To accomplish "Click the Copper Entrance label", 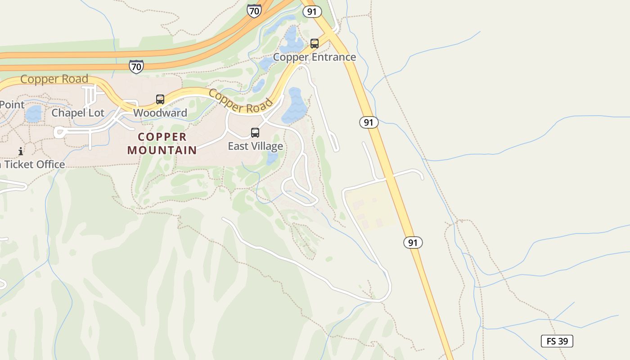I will click(314, 57).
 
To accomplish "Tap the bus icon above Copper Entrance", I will click(315, 44).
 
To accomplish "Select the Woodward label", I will click(160, 112).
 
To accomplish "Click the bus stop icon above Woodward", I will click(160, 99).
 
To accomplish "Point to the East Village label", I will click(255, 146).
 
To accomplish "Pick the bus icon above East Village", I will click(255, 133).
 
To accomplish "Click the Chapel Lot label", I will click(78, 112).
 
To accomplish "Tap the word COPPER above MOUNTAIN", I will click(162, 137).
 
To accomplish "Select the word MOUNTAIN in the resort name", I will click(162, 150).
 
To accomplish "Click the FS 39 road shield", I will click(557, 341).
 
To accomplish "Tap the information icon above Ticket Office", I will click(20, 151).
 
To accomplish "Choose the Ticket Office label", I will click(34, 165).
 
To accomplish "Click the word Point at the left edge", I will click(12, 104).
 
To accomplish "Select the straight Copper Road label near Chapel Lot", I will click(54, 79).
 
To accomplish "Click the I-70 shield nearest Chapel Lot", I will click(136, 67).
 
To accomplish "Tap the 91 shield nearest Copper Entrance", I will click(312, 12).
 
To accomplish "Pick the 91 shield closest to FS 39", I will click(413, 243).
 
